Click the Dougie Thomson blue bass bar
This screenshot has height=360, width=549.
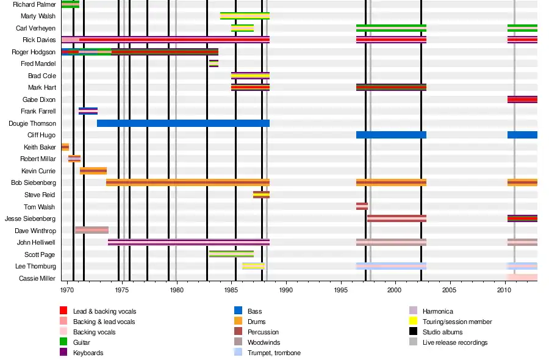pos(183,123)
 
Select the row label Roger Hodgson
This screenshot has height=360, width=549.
pos(34,52)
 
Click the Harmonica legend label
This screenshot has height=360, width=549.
pos(437,311)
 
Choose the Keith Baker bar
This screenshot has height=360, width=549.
pos(65,147)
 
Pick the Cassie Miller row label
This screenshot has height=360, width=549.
pos(38,278)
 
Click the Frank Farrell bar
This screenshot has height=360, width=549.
pos(88,111)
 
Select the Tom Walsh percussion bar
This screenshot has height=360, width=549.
pos(362,207)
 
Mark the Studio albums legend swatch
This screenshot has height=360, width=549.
pos(412,332)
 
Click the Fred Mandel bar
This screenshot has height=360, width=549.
pos(213,63)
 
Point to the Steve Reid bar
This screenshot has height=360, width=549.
pos(261,195)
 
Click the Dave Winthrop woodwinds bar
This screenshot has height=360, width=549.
pos(91,230)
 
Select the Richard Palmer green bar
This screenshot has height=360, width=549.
pos(70,4)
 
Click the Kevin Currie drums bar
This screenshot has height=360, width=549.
pos(93,171)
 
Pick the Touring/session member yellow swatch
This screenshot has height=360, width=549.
pos(412,322)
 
